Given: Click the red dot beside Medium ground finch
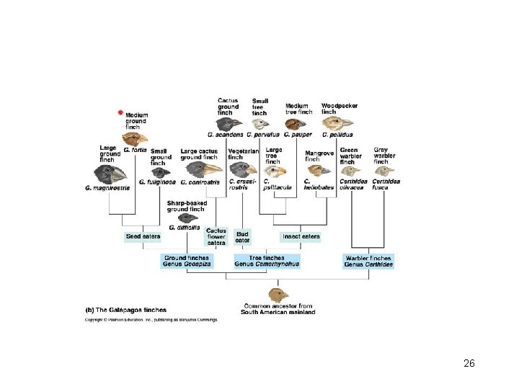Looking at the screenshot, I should (120, 113).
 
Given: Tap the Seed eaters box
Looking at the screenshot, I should (143, 236).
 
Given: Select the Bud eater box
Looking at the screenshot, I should (242, 236).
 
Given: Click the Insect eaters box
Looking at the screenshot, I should (301, 236).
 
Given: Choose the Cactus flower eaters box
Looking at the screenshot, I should (216, 237).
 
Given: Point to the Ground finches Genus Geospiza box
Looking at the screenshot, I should (187, 261).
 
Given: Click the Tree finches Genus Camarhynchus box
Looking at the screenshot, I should (266, 261).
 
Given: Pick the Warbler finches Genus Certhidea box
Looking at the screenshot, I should (368, 261).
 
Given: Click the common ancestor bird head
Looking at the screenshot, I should (278, 295).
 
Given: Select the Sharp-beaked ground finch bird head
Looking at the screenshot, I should (187, 218).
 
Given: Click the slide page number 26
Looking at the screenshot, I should (469, 364).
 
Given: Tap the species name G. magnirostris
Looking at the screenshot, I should (107, 188).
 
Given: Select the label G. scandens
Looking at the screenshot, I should (225, 135).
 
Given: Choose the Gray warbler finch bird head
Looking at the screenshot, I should (384, 171).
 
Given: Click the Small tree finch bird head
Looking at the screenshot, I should (260, 124).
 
